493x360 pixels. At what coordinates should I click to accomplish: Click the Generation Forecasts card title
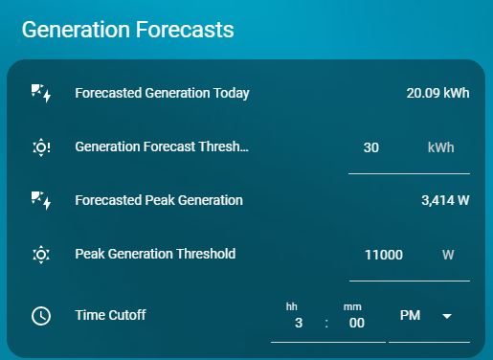[x=127, y=30]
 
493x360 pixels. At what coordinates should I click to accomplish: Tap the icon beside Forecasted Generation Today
[x=41, y=93]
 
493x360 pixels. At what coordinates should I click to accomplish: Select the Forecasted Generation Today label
[x=162, y=93]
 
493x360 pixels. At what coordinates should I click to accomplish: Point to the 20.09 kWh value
[x=437, y=93]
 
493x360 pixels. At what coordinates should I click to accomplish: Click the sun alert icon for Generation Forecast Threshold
[x=41, y=147]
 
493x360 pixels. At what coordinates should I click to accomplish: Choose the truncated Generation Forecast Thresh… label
[x=162, y=147]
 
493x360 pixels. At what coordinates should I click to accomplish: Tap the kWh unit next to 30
[x=440, y=147]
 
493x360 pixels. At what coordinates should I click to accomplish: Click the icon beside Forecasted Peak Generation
[x=41, y=200]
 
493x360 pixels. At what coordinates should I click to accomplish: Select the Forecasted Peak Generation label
[x=159, y=200]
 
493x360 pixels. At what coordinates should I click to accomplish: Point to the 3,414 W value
[x=445, y=200]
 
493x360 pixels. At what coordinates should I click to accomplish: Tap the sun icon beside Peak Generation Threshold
[x=41, y=255]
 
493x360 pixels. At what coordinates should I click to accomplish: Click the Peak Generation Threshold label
[x=155, y=254]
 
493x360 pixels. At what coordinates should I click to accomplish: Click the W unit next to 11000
[x=447, y=255]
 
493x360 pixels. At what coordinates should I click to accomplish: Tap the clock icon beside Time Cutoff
[x=41, y=315]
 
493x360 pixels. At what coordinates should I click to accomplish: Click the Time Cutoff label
[x=110, y=314]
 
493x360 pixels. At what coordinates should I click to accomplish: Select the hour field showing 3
[x=298, y=323]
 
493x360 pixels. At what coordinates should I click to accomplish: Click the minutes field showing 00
[x=356, y=323]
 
